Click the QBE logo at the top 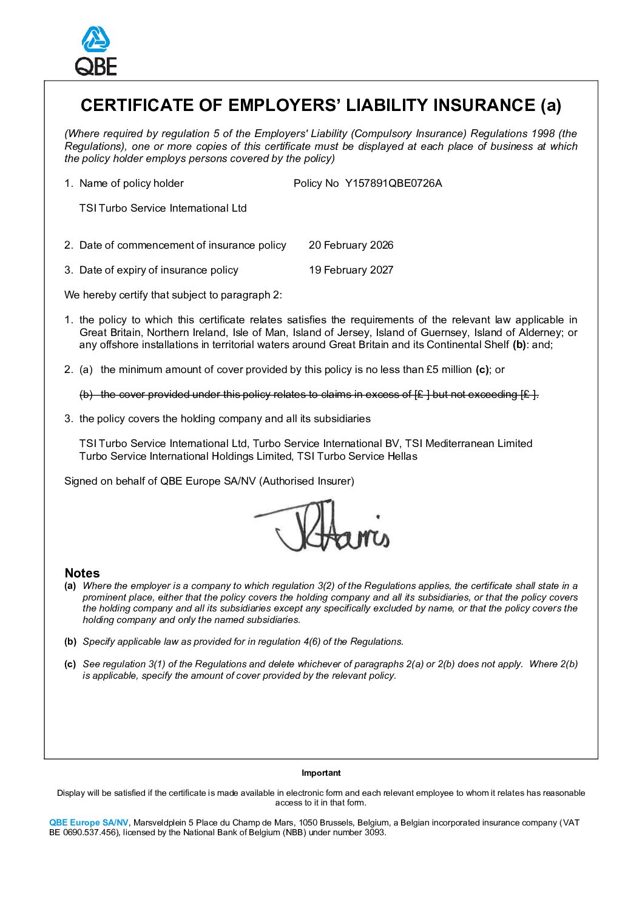click(x=96, y=51)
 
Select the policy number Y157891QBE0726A click(x=393, y=183)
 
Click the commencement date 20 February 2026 click(x=351, y=245)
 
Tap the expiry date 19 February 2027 click(x=351, y=270)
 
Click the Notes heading click(x=82, y=573)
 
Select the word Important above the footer click(x=321, y=773)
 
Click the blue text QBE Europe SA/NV click(x=89, y=822)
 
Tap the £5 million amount click(x=449, y=369)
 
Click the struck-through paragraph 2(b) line click(x=309, y=394)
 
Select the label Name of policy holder click(x=131, y=183)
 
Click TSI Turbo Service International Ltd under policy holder click(x=163, y=208)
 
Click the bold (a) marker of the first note click(x=70, y=586)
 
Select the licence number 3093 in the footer click(x=374, y=832)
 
